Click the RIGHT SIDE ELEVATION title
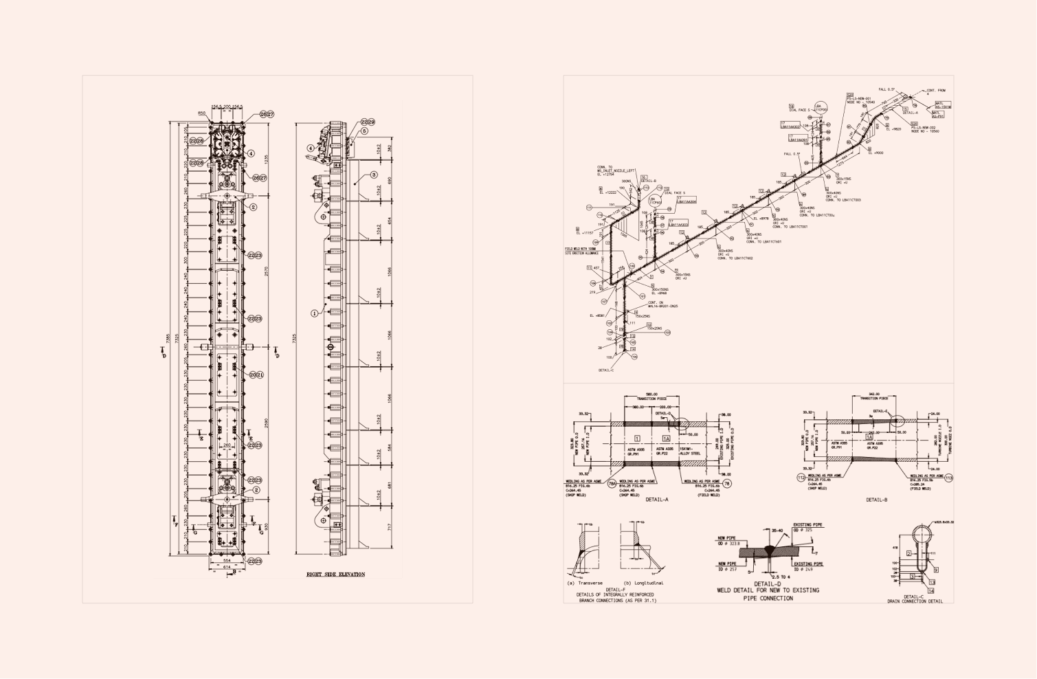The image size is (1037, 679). pyautogui.click(x=335, y=574)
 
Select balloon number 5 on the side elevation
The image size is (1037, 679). pyautogui.click(x=364, y=131)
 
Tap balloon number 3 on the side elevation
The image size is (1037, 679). pyautogui.click(x=374, y=175)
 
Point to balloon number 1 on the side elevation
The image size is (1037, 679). pyautogui.click(x=315, y=313)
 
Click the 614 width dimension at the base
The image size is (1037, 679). pyautogui.click(x=227, y=567)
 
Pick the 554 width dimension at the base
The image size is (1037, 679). pyautogui.click(x=227, y=560)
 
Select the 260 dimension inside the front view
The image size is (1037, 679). pyautogui.click(x=227, y=445)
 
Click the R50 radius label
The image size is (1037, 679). pyautogui.click(x=201, y=113)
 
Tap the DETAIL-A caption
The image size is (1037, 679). pyautogui.click(x=657, y=500)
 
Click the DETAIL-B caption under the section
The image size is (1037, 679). pyautogui.click(x=876, y=500)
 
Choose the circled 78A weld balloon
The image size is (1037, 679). pyautogui.click(x=612, y=484)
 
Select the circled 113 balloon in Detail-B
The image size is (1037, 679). pyautogui.click(x=949, y=478)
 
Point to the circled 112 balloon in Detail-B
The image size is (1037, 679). pyautogui.click(x=801, y=478)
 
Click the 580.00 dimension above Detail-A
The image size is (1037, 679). pyautogui.click(x=651, y=394)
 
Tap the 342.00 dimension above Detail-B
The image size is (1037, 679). pyautogui.click(x=874, y=394)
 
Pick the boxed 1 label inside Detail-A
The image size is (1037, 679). pyautogui.click(x=637, y=438)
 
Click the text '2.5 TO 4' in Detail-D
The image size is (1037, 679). pyautogui.click(x=781, y=577)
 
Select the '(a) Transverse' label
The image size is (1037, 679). pyautogui.click(x=585, y=583)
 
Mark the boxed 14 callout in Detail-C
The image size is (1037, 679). pyautogui.click(x=931, y=591)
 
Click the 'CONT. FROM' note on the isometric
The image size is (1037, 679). pyautogui.click(x=935, y=91)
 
